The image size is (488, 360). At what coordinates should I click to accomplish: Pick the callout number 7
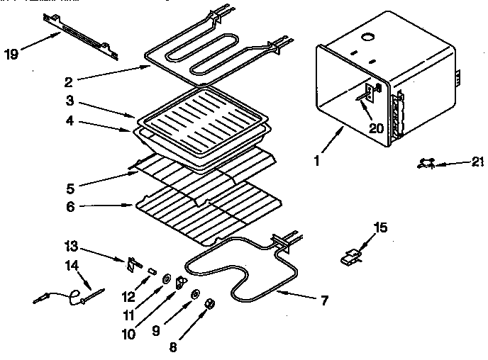click(x=323, y=300)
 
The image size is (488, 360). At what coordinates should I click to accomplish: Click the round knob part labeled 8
click(x=209, y=303)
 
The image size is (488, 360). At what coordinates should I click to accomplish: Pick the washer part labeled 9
click(x=194, y=294)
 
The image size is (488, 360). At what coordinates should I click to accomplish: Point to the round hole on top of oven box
click(x=368, y=36)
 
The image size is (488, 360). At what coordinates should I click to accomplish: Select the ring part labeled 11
click(x=165, y=279)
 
